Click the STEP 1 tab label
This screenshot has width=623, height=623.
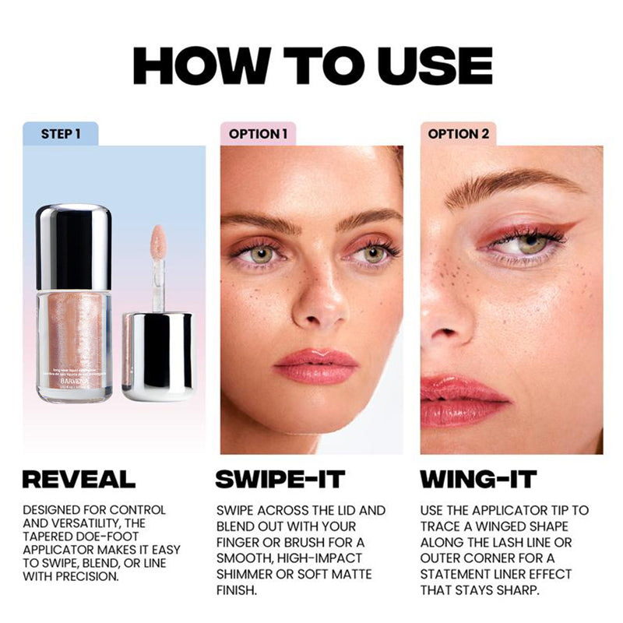[x=60, y=134]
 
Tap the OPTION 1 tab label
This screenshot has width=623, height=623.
[x=258, y=134]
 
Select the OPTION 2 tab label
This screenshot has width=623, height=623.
[x=458, y=134]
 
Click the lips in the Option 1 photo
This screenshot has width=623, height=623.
[x=315, y=365]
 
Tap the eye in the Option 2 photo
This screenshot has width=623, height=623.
[x=530, y=244]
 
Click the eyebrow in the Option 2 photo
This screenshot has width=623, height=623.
[x=506, y=187]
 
